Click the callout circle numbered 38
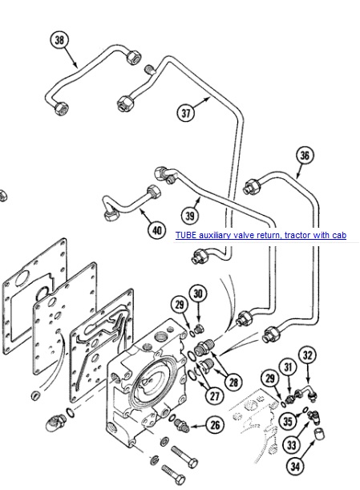pyautogui.click(x=59, y=39)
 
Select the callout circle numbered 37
pyautogui.click(x=186, y=112)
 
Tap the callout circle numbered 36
pyautogui.click(x=305, y=155)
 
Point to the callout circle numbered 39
pyautogui.click(x=190, y=215)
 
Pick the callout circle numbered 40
pyautogui.click(x=156, y=230)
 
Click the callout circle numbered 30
pyautogui.click(x=198, y=294)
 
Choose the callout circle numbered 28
pyautogui.click(x=233, y=382)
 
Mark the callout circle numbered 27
pyautogui.click(x=214, y=396)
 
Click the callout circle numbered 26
pyautogui.click(x=215, y=425)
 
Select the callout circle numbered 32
pyautogui.click(x=308, y=355)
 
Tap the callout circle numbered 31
pyautogui.click(x=289, y=367)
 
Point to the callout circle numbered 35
pyautogui.click(x=288, y=421)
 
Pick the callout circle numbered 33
pyautogui.click(x=291, y=444)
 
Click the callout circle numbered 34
pyautogui.click(x=295, y=467)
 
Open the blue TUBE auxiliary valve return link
pyautogui.click(x=261, y=235)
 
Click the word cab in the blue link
pyautogui.click(x=339, y=235)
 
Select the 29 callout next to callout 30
pyautogui.click(x=180, y=305)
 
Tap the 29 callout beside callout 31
pyautogui.click(x=269, y=379)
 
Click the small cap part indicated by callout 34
pyautogui.click(x=319, y=434)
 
